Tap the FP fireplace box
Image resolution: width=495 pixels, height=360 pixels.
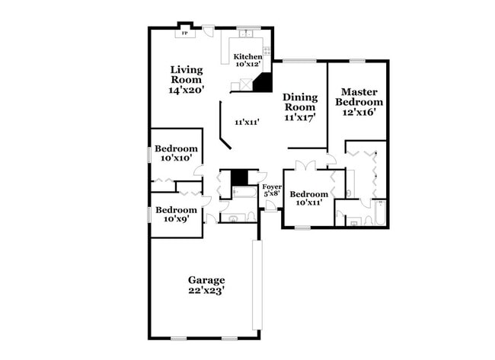[184, 33]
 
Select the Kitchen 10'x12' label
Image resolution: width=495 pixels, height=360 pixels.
[247, 61]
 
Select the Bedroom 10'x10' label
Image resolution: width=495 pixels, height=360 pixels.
[177, 154]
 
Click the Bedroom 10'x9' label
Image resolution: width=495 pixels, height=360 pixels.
[176, 214]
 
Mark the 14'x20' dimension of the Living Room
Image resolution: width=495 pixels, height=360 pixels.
[186, 89]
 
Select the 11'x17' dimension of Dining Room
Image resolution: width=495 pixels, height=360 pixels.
[299, 117]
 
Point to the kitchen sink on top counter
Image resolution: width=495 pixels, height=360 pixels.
[246, 33]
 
